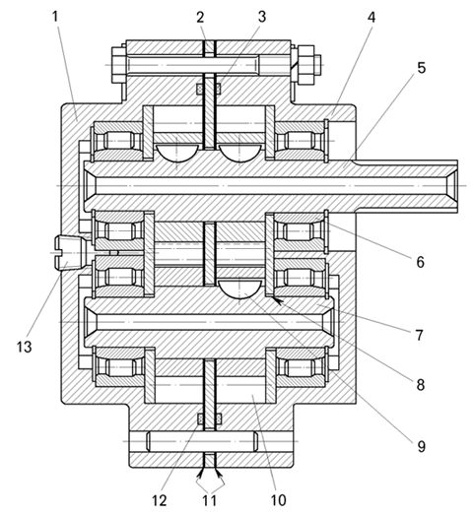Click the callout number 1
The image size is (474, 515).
[x=55, y=17]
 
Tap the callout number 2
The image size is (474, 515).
[x=200, y=18]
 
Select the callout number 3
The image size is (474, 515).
[x=262, y=17]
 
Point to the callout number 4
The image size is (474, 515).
[x=372, y=18]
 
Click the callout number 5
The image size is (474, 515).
[x=422, y=68]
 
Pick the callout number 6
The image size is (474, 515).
[x=421, y=262]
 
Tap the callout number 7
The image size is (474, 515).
[x=419, y=336]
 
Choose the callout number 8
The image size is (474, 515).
[x=421, y=385]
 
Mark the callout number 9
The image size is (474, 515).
[x=421, y=446]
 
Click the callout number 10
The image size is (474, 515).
[x=278, y=500]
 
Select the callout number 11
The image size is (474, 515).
[x=209, y=500]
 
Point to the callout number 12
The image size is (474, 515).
[x=159, y=500]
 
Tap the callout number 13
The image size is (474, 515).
[x=25, y=347]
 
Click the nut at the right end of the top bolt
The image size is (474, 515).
[x=305, y=64]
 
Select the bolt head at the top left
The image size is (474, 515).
[x=119, y=65]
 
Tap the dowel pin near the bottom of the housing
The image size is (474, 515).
[x=202, y=441]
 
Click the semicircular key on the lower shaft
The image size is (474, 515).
[x=240, y=289]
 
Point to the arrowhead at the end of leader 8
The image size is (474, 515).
[x=278, y=301]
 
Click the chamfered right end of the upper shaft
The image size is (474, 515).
[x=452, y=186]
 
